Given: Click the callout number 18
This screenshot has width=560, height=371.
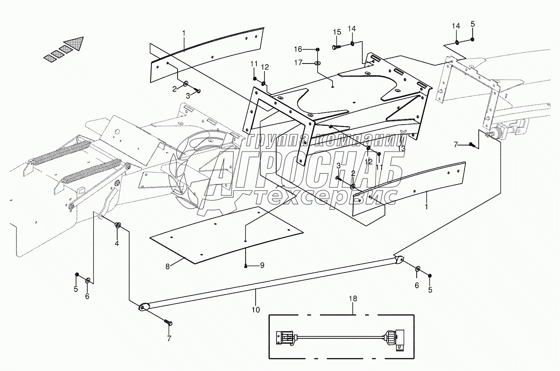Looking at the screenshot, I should click(x=353, y=299).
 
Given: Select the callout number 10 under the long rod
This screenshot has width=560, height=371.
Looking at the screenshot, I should click(x=256, y=310).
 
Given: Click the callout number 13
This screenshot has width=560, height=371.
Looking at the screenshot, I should click(x=402, y=148).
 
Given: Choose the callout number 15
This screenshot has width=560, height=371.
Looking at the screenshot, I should click(x=337, y=32).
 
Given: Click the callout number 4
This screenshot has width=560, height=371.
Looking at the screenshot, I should click(x=117, y=243).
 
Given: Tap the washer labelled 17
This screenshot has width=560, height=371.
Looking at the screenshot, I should click(x=318, y=63).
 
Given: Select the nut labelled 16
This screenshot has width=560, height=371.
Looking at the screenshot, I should click(x=318, y=49).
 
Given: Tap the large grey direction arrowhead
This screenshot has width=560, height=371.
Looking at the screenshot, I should click(x=75, y=43).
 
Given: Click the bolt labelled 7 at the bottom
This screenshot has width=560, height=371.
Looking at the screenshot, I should click(x=168, y=323).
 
